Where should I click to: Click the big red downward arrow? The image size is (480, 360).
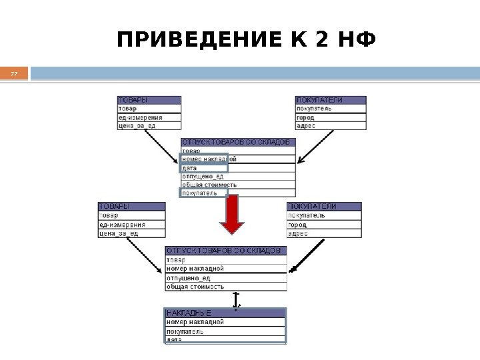(232, 215)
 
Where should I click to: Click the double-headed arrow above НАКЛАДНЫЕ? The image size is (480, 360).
(235, 300)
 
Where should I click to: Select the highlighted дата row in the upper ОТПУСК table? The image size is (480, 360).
(204, 168)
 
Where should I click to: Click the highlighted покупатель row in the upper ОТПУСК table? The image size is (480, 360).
(204, 193)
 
